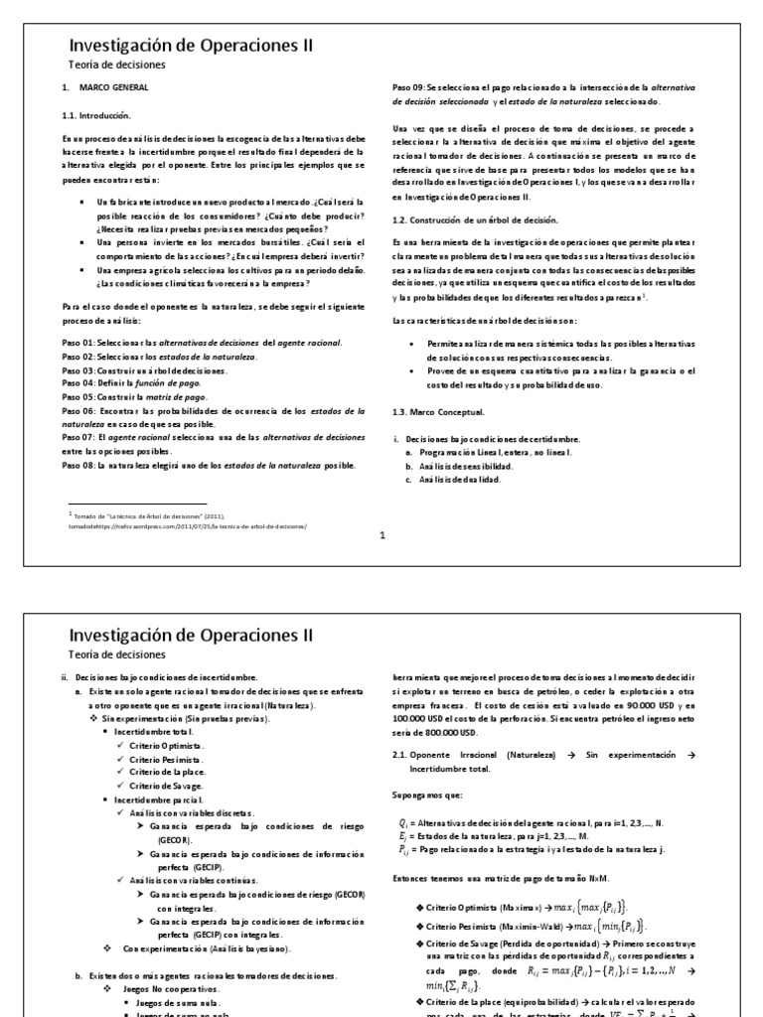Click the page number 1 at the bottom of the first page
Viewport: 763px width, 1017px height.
tap(381, 534)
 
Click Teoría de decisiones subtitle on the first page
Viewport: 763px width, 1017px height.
tap(116, 65)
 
